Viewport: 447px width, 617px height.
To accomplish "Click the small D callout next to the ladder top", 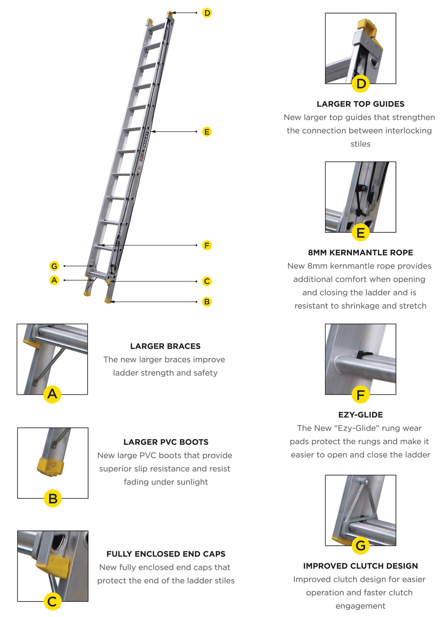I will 207,13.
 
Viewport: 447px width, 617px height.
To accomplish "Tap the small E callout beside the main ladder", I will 207,132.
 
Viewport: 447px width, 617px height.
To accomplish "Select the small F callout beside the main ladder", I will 207,245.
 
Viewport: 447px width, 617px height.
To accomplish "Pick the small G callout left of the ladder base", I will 54,266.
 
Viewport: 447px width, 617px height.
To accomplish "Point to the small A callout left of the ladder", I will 54,280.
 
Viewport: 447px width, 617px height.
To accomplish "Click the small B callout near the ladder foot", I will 207,302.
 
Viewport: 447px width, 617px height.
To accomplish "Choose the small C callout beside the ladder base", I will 207,281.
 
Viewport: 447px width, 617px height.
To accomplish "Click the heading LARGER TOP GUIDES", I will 360,104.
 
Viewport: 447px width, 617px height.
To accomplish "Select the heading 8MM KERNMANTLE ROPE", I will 360,252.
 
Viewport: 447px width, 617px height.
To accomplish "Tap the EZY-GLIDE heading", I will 360,415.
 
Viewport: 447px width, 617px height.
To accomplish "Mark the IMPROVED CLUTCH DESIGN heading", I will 360,566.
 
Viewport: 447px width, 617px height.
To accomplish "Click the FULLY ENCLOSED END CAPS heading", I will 166,554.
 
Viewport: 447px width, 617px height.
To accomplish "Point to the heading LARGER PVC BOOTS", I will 166,442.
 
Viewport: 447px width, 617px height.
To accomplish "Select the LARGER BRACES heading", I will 165,346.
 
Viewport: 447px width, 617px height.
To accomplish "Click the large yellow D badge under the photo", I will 361,84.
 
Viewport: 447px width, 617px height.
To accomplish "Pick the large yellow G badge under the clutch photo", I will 361,546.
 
